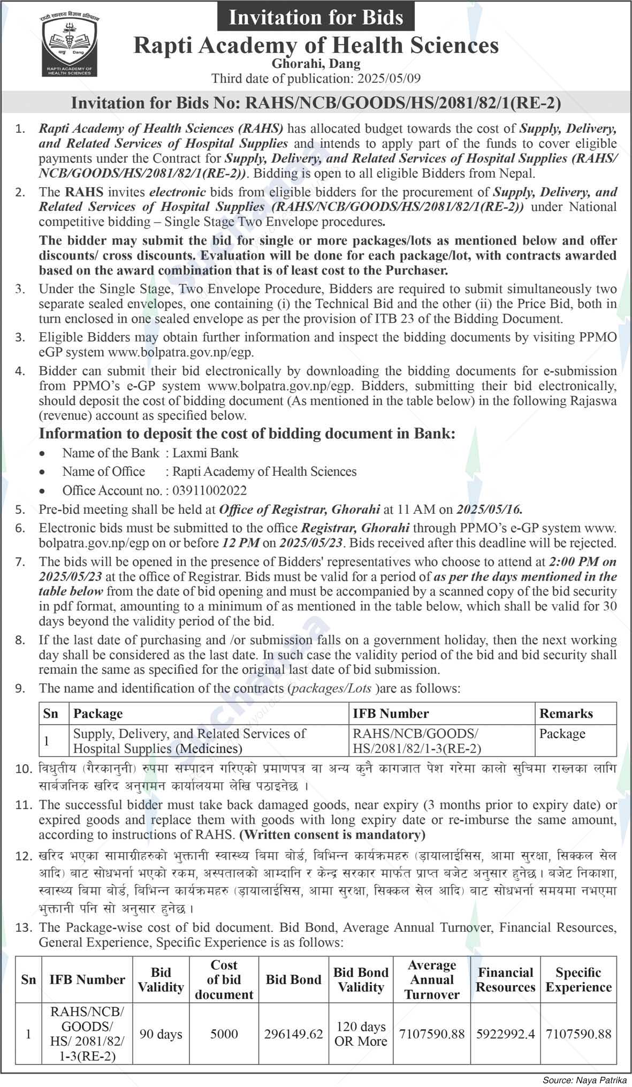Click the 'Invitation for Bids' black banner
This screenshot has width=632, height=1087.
click(x=316, y=17)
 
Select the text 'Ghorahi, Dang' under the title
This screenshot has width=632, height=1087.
click(x=316, y=64)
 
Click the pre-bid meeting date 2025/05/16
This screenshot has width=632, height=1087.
click(x=489, y=508)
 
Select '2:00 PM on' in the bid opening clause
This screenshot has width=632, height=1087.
click(x=583, y=562)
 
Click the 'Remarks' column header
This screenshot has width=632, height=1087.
click(x=566, y=713)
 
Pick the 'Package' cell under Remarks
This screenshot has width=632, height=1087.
click(x=562, y=734)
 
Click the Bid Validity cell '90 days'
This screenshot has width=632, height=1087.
click(x=161, y=1034)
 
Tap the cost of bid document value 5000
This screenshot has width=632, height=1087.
click(x=224, y=1034)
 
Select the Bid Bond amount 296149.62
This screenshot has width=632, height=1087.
click(x=293, y=1034)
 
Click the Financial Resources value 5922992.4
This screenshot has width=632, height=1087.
click(x=505, y=1034)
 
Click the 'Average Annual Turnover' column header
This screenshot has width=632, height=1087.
click(x=431, y=979)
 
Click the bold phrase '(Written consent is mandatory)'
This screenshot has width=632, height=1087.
click(x=332, y=834)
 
